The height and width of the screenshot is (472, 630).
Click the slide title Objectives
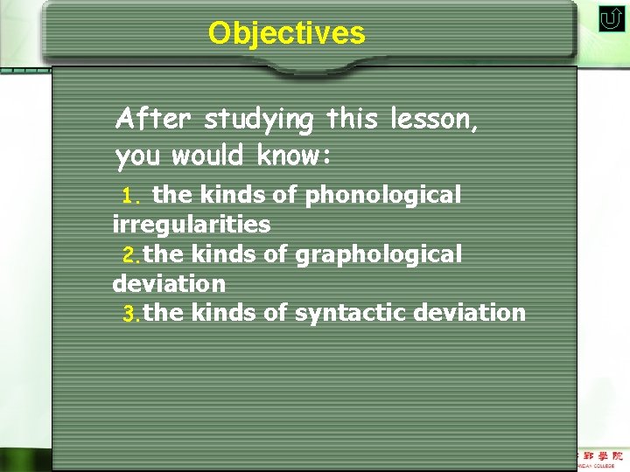click(x=286, y=33)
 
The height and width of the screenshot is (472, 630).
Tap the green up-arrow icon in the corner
click(x=611, y=19)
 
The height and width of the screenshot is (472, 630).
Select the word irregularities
click(x=192, y=225)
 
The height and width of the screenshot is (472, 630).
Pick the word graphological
click(x=378, y=254)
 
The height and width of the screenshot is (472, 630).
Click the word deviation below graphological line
click(x=169, y=283)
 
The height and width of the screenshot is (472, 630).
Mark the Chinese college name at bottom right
click(x=602, y=456)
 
